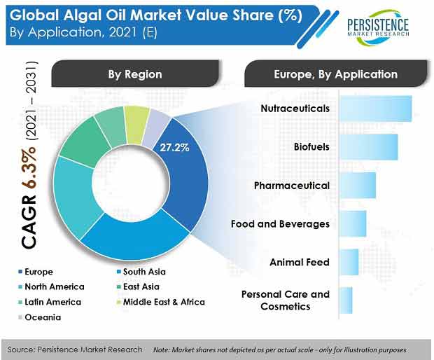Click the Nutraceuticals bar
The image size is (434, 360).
(376, 109)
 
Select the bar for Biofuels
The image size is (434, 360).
(369, 147)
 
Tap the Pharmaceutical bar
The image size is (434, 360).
(358, 186)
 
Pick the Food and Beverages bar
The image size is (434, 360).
(353, 223)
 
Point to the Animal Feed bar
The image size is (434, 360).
(349, 262)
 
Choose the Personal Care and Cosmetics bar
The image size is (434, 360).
(346, 300)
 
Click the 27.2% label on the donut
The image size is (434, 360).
(174, 148)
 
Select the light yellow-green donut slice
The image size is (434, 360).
(136, 125)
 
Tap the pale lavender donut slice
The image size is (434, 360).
(155, 128)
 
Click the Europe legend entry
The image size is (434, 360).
(36, 272)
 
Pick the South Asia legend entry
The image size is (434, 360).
(141, 272)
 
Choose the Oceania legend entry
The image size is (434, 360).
(40, 317)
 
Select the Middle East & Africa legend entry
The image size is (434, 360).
(161, 302)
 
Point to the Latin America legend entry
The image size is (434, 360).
(50, 302)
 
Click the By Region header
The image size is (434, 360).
(135, 74)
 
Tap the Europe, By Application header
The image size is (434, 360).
(336, 74)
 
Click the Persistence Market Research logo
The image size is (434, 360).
(378, 27)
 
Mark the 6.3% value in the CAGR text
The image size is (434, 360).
(29, 167)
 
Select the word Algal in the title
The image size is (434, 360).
(82, 15)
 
